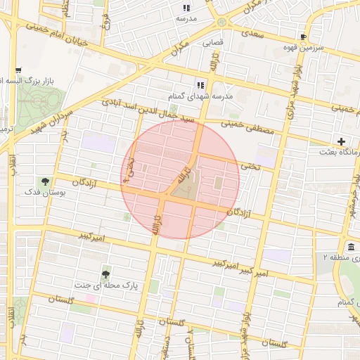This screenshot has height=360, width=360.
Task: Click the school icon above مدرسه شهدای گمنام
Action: pos(200,85)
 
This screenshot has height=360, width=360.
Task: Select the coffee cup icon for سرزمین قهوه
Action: pos(303,37)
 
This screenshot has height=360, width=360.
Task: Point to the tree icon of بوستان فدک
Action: pos(46,181)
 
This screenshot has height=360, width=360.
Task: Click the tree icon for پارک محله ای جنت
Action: pos(105,275)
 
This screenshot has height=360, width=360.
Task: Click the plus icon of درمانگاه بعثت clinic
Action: pos(341,141)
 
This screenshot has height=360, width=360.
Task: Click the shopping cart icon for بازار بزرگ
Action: pos(18,71)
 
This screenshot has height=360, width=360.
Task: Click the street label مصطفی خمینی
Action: pos(245,127)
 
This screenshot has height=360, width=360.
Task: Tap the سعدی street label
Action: pos(251,32)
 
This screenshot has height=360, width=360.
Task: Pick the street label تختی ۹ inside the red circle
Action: pos(129,169)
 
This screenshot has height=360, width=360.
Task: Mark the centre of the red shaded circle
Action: pos(181,180)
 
